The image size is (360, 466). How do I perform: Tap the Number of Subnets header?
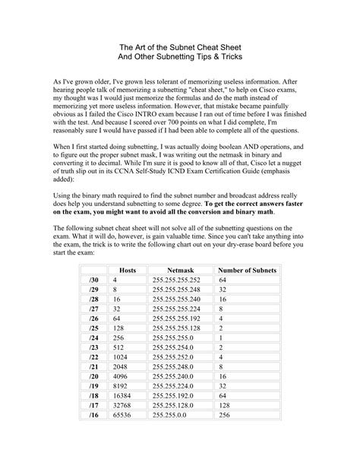pos(248,270)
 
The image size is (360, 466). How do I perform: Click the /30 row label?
pos(93,280)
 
